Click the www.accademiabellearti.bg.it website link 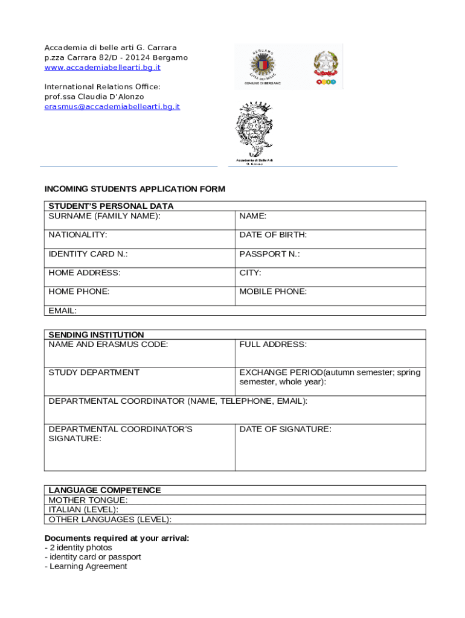tap(103, 68)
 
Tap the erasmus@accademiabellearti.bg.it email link tap(112, 106)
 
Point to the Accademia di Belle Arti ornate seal tap(254, 129)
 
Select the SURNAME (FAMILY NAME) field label tap(104, 215)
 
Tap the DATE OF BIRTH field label tap(273, 235)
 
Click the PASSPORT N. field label tap(269, 254)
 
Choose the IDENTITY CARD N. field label tap(88, 254)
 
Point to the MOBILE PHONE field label tap(273, 291)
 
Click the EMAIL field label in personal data tap(63, 311)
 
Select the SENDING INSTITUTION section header tap(96, 334)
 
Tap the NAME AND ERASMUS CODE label tap(108, 344)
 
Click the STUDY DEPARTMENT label tap(94, 372)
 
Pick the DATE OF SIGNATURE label tap(285, 429)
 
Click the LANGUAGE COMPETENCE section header tap(104, 490)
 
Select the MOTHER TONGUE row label tap(88, 500)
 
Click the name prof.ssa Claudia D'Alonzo tap(94, 97)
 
